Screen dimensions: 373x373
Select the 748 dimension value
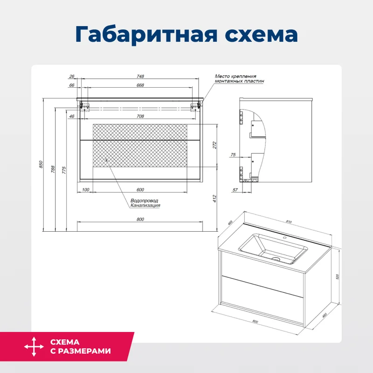point(140,76)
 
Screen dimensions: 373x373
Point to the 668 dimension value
point(140,85)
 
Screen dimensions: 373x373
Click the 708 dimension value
point(140,116)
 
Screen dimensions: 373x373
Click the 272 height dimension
point(215,145)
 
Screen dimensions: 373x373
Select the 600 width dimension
point(140,190)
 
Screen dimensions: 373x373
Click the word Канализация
point(145,206)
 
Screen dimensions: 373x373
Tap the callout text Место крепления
point(235,76)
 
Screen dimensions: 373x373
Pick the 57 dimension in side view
point(235,190)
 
